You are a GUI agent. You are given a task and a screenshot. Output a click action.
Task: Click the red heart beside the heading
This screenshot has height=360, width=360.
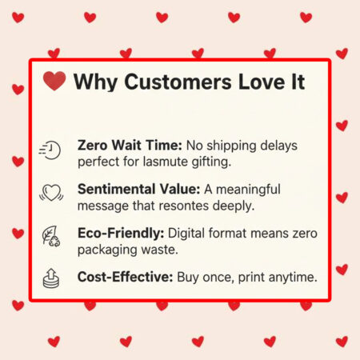(x=54, y=82)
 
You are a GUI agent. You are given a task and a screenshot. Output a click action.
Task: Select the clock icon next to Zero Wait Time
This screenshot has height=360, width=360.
(x=50, y=151)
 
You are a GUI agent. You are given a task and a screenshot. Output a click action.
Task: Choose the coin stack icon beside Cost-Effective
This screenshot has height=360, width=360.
(x=50, y=278)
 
